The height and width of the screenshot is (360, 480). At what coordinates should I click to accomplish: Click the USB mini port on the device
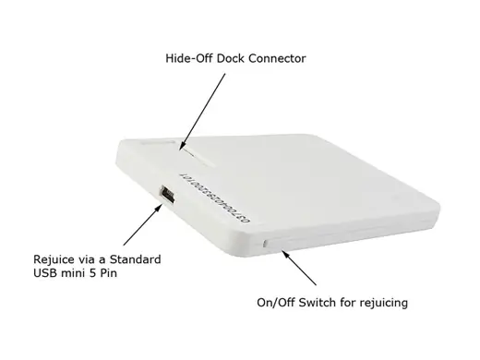coord(167,196)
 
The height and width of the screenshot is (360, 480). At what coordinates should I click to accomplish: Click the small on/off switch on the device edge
coord(267,244)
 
